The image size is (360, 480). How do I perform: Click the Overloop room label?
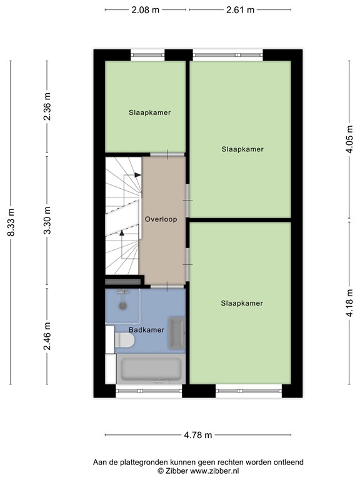pos(161,220)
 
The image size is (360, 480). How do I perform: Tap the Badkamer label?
pos(146,329)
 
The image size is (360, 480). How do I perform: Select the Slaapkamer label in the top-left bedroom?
pos(150,112)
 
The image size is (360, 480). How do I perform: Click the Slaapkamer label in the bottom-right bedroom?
pos(242,303)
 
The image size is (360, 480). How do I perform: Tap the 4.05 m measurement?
pos(351,141)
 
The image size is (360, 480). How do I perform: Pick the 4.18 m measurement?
pos(351,302)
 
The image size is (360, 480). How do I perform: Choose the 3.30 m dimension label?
pos(47,221)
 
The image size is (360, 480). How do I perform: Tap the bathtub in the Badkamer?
pos(150,370)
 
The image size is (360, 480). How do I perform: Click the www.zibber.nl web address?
pos(212,471)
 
